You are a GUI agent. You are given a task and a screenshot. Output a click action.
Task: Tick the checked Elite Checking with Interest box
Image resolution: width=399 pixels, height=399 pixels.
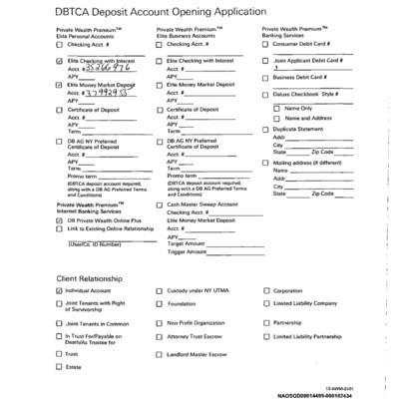click(60, 61)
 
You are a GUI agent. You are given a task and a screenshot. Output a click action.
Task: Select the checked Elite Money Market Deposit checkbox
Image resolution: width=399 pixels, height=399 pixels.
click(60, 87)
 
